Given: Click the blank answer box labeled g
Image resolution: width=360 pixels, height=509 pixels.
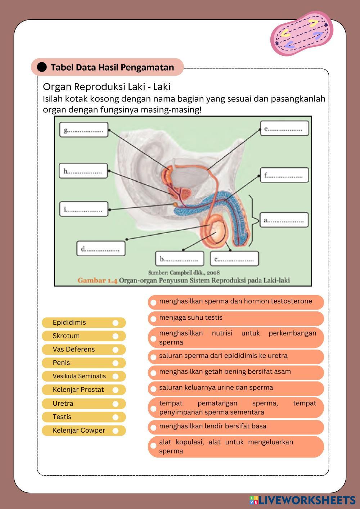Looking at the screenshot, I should point(84,130).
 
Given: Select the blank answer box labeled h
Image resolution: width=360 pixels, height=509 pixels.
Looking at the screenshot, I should point(84,171).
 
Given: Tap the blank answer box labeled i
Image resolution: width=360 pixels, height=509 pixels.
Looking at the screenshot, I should point(84,209).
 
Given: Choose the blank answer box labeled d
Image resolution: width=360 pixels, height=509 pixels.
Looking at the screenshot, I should point(101,248).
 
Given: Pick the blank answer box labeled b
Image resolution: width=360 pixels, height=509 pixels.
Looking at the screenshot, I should point(180,258).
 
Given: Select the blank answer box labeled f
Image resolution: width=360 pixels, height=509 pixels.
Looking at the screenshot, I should point(284,175).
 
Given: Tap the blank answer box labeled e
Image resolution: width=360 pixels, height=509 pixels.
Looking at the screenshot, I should point(284,128).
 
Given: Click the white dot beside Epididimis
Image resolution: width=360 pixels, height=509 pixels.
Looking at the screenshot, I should point(115,323).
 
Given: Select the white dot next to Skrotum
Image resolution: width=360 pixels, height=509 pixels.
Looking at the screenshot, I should point(115,336).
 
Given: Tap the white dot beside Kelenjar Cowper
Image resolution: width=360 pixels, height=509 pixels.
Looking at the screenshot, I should point(115,431).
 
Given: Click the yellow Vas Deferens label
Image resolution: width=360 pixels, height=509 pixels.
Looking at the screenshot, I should point(74,350).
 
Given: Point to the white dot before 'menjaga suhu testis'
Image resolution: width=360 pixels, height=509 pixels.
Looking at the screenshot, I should point(153,319).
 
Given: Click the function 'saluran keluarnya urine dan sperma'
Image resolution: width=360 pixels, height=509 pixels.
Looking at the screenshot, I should point(216,388).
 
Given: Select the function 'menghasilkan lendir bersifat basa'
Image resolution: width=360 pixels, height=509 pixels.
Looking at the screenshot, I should point(213,426).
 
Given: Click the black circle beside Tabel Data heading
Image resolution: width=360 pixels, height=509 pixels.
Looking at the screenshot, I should point(42,67).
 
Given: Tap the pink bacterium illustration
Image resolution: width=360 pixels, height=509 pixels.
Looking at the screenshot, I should point(302,33).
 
